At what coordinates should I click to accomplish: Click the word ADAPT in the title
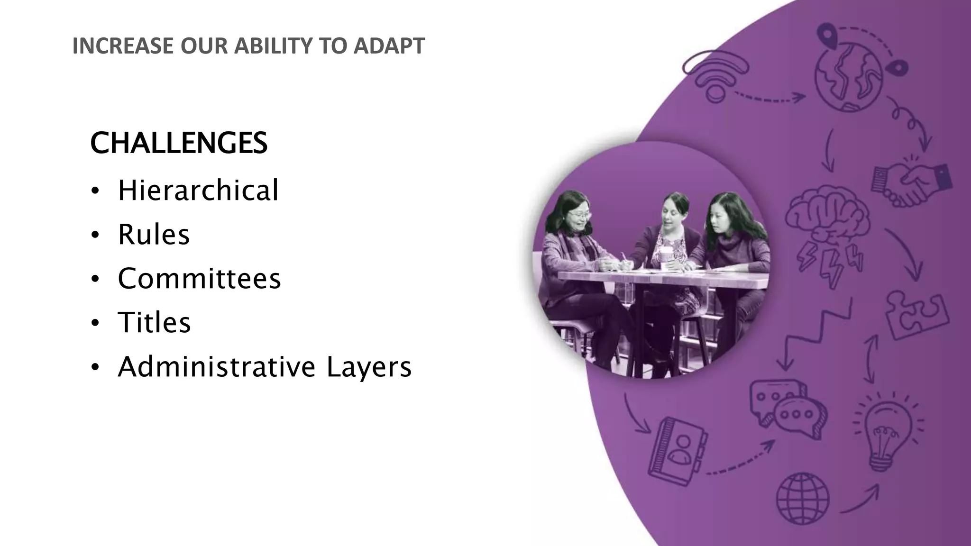(x=389, y=46)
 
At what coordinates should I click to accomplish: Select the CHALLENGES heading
(x=179, y=143)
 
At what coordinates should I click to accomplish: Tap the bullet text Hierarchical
(x=198, y=190)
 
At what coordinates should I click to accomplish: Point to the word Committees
(x=199, y=278)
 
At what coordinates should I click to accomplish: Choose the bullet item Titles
(x=154, y=322)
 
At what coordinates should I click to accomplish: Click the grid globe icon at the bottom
(x=802, y=498)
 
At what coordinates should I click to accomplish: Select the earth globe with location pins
(x=849, y=76)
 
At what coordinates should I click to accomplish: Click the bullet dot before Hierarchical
(x=95, y=191)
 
